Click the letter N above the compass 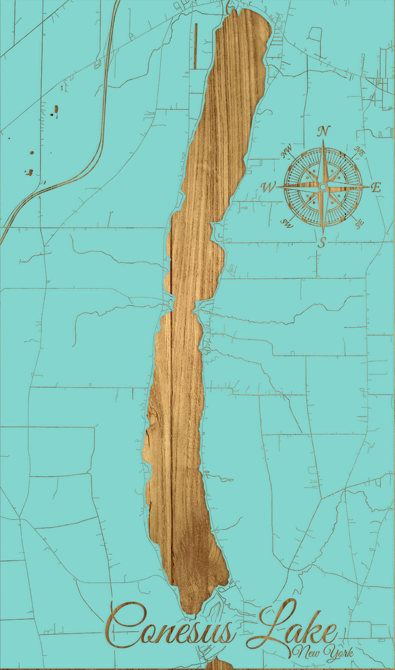(324, 131)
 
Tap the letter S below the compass (323, 242)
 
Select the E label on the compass (376, 187)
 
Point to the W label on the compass (268, 187)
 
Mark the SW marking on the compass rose (287, 223)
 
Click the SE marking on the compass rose (359, 224)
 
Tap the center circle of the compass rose (323, 187)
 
